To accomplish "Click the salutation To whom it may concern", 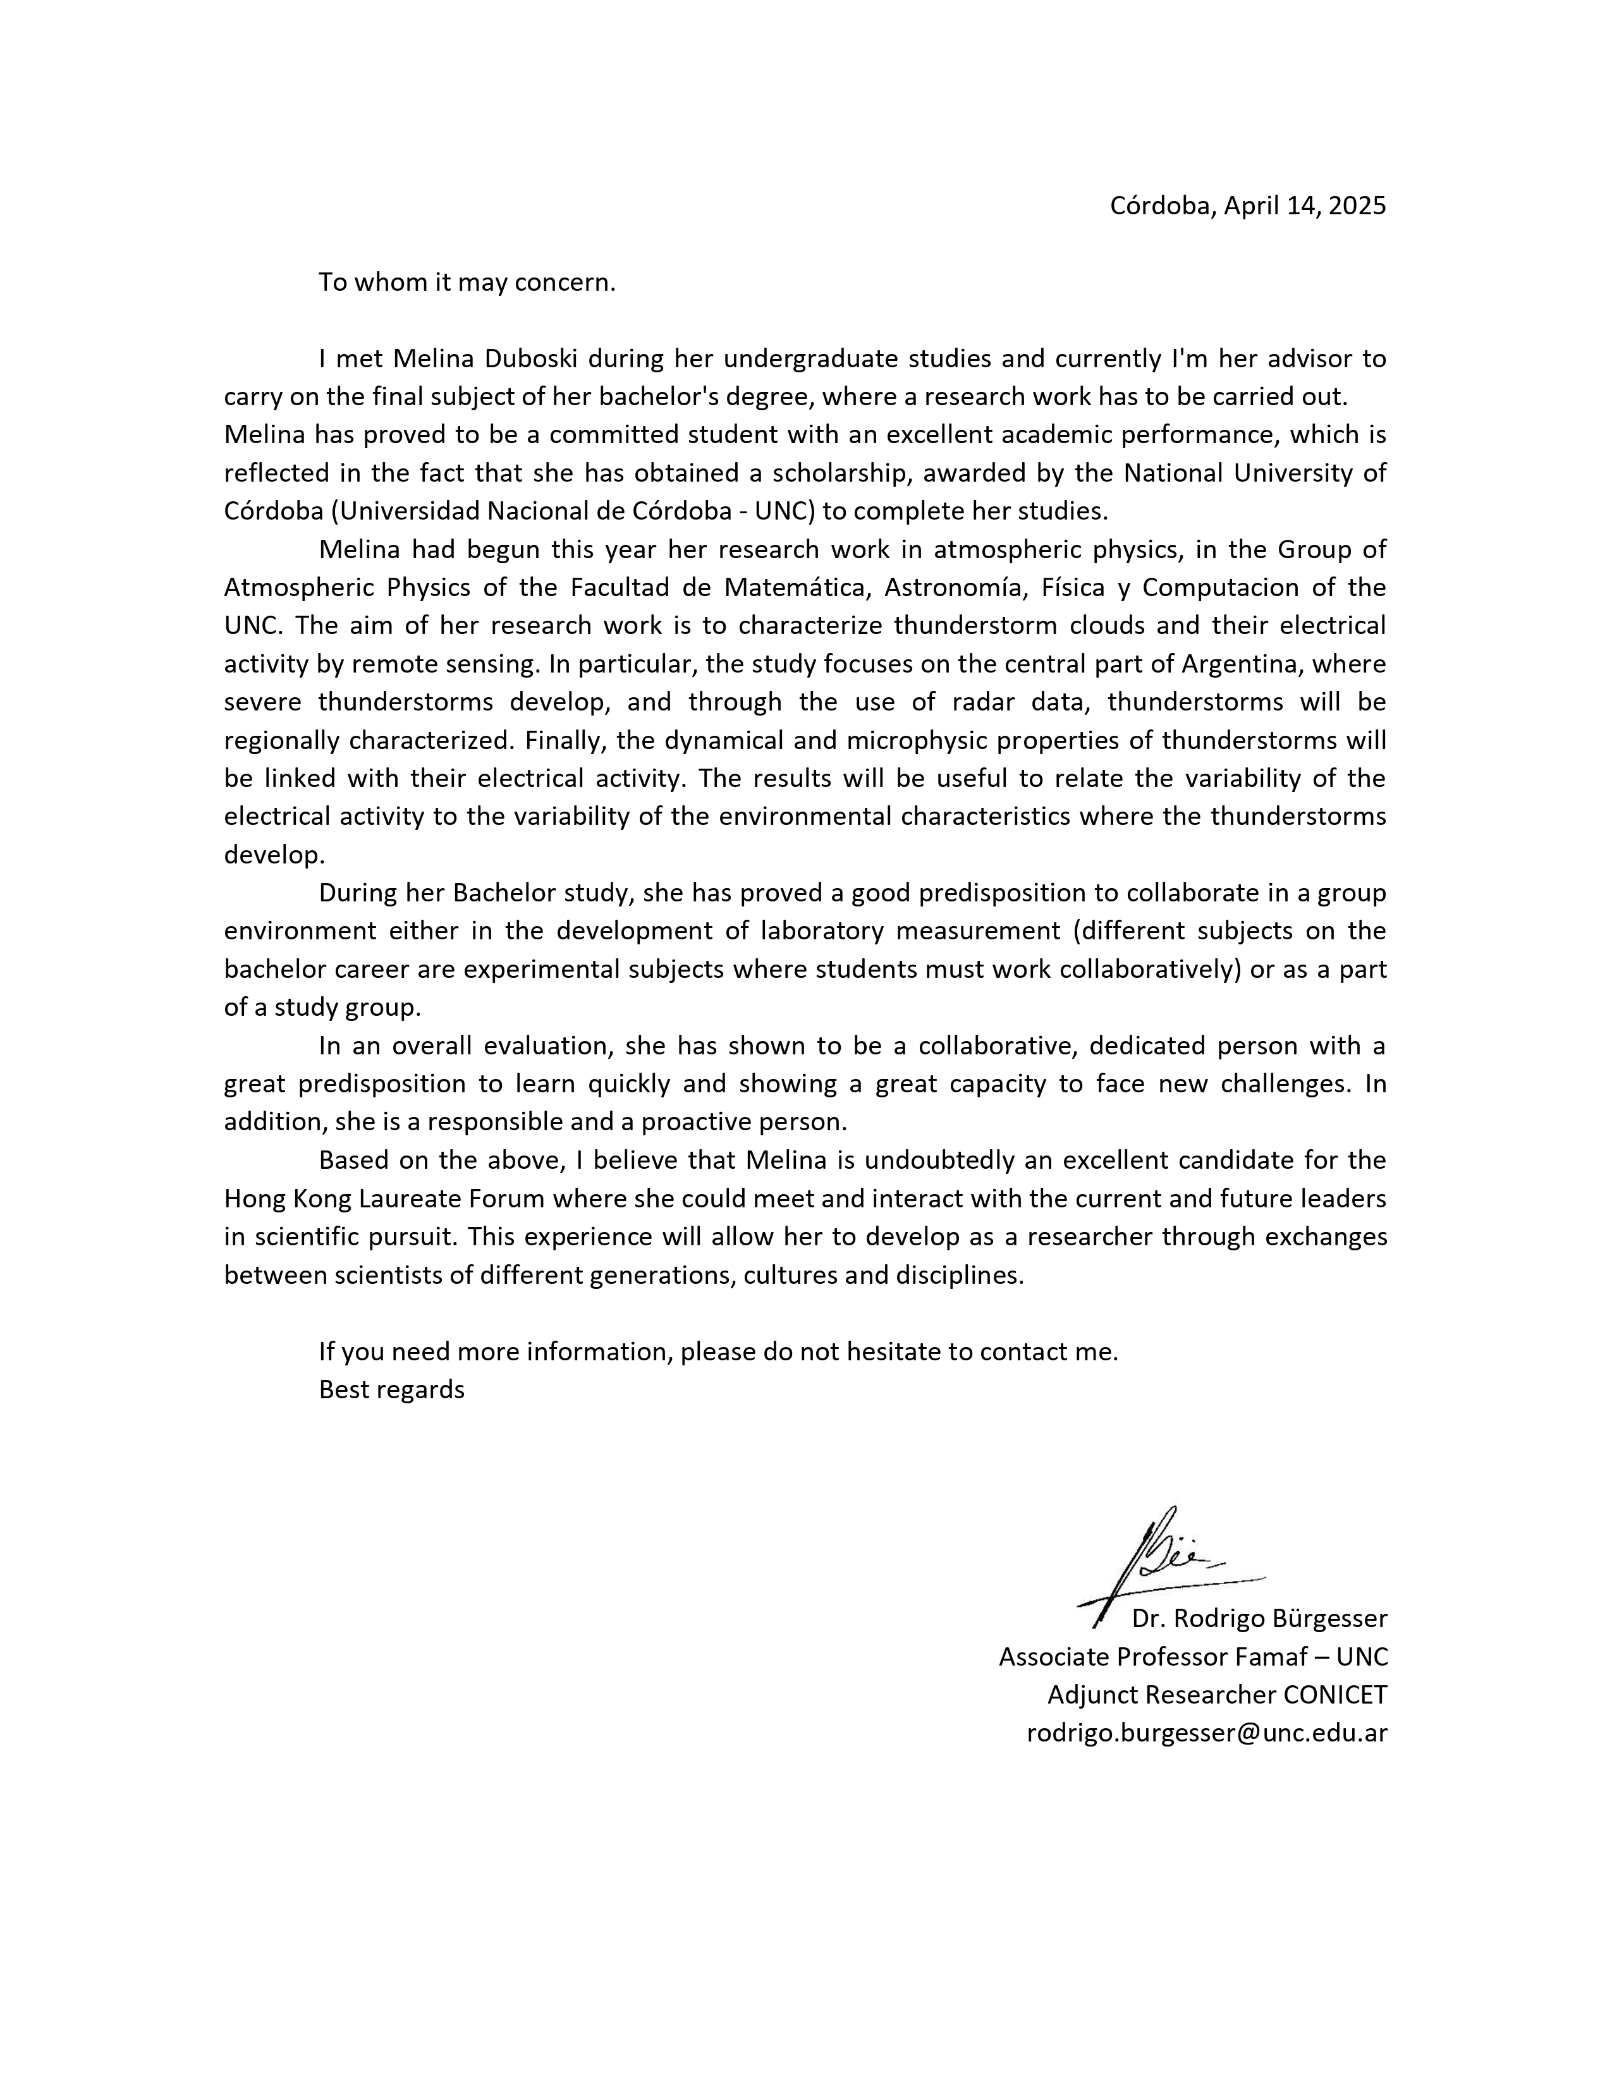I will [x=467, y=283].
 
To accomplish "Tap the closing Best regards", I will [x=391, y=1389].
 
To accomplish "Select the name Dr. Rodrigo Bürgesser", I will [x=1259, y=1618].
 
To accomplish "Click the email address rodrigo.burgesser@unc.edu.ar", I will [x=1206, y=1733].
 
